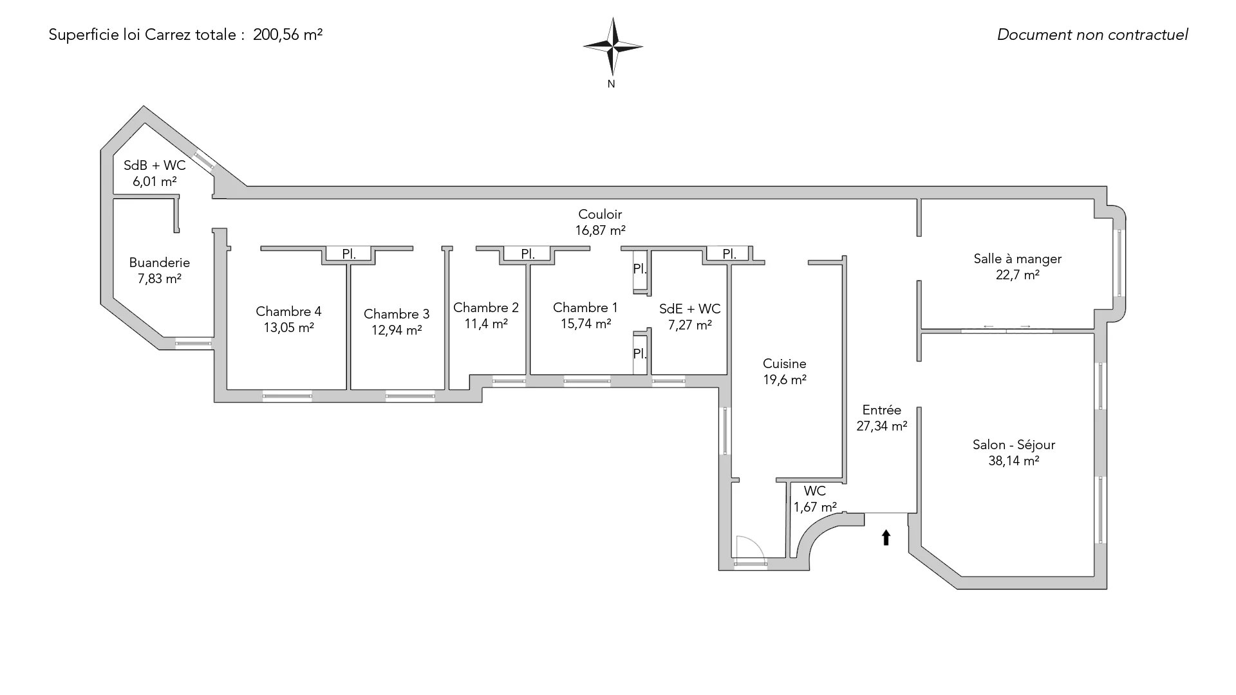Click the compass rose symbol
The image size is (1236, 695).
(x=613, y=46)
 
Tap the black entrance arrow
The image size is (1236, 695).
(x=886, y=537)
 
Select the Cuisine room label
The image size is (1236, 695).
(x=784, y=364)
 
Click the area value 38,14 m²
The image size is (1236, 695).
(x=1014, y=461)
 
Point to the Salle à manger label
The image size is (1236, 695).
(x=1017, y=259)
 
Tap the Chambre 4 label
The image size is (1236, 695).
(x=288, y=311)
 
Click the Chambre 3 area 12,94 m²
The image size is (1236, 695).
(x=397, y=330)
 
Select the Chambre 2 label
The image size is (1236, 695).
(x=486, y=308)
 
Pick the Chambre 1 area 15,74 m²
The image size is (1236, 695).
(x=586, y=324)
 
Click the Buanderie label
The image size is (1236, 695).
(x=160, y=263)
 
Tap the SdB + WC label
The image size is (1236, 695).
(x=154, y=165)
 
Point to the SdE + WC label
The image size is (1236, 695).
(x=690, y=309)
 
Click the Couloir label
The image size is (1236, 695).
(x=600, y=214)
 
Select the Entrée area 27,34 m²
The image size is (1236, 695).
(x=882, y=426)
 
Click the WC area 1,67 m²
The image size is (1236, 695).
(x=815, y=507)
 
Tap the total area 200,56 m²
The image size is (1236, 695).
(x=288, y=35)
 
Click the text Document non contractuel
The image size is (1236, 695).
(x=1092, y=35)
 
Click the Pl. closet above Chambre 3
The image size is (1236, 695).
(x=349, y=254)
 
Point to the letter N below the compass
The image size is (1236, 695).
(x=612, y=84)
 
